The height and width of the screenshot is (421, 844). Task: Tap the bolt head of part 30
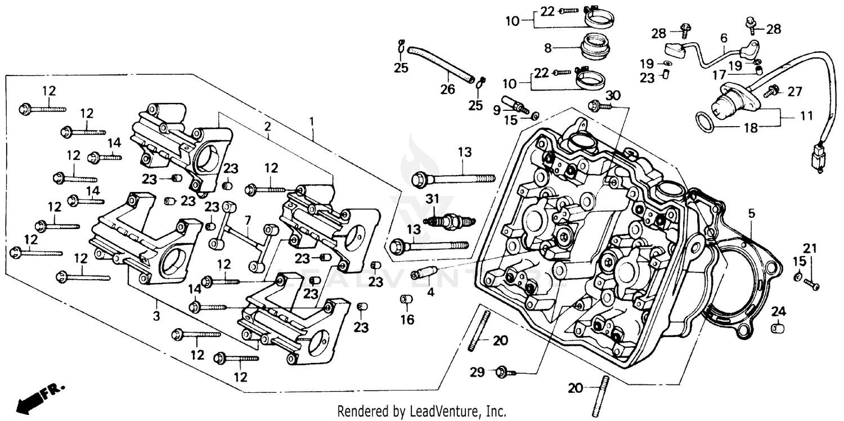point(593,105)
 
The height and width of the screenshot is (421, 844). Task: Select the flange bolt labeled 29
point(502,371)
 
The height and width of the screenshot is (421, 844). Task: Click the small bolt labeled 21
point(811,284)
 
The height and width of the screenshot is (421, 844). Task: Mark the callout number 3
point(156,316)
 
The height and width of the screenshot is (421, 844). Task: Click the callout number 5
point(751,213)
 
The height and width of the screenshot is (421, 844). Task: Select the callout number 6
point(724,38)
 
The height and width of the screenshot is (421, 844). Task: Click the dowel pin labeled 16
point(405,299)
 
